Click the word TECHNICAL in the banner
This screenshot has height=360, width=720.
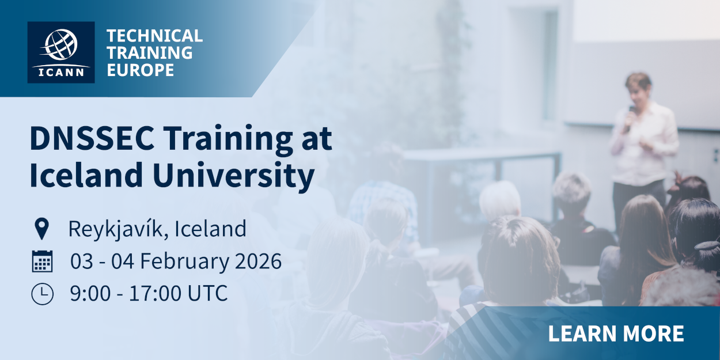(x=154, y=36)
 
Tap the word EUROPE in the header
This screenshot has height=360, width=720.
(x=141, y=70)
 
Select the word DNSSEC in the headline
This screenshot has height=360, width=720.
(x=92, y=139)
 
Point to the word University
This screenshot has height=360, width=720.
(x=233, y=176)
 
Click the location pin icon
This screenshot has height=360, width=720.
(x=42, y=229)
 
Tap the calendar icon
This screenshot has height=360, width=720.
(x=43, y=261)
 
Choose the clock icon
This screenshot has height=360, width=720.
(x=43, y=294)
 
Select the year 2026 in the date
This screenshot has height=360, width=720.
(x=259, y=261)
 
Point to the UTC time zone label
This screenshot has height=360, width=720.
(x=207, y=293)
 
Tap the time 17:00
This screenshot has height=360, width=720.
(x=156, y=293)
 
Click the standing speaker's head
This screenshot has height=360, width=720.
(x=639, y=88)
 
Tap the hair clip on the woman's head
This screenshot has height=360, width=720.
(x=707, y=246)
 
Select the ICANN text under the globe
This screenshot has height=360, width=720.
(x=61, y=73)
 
